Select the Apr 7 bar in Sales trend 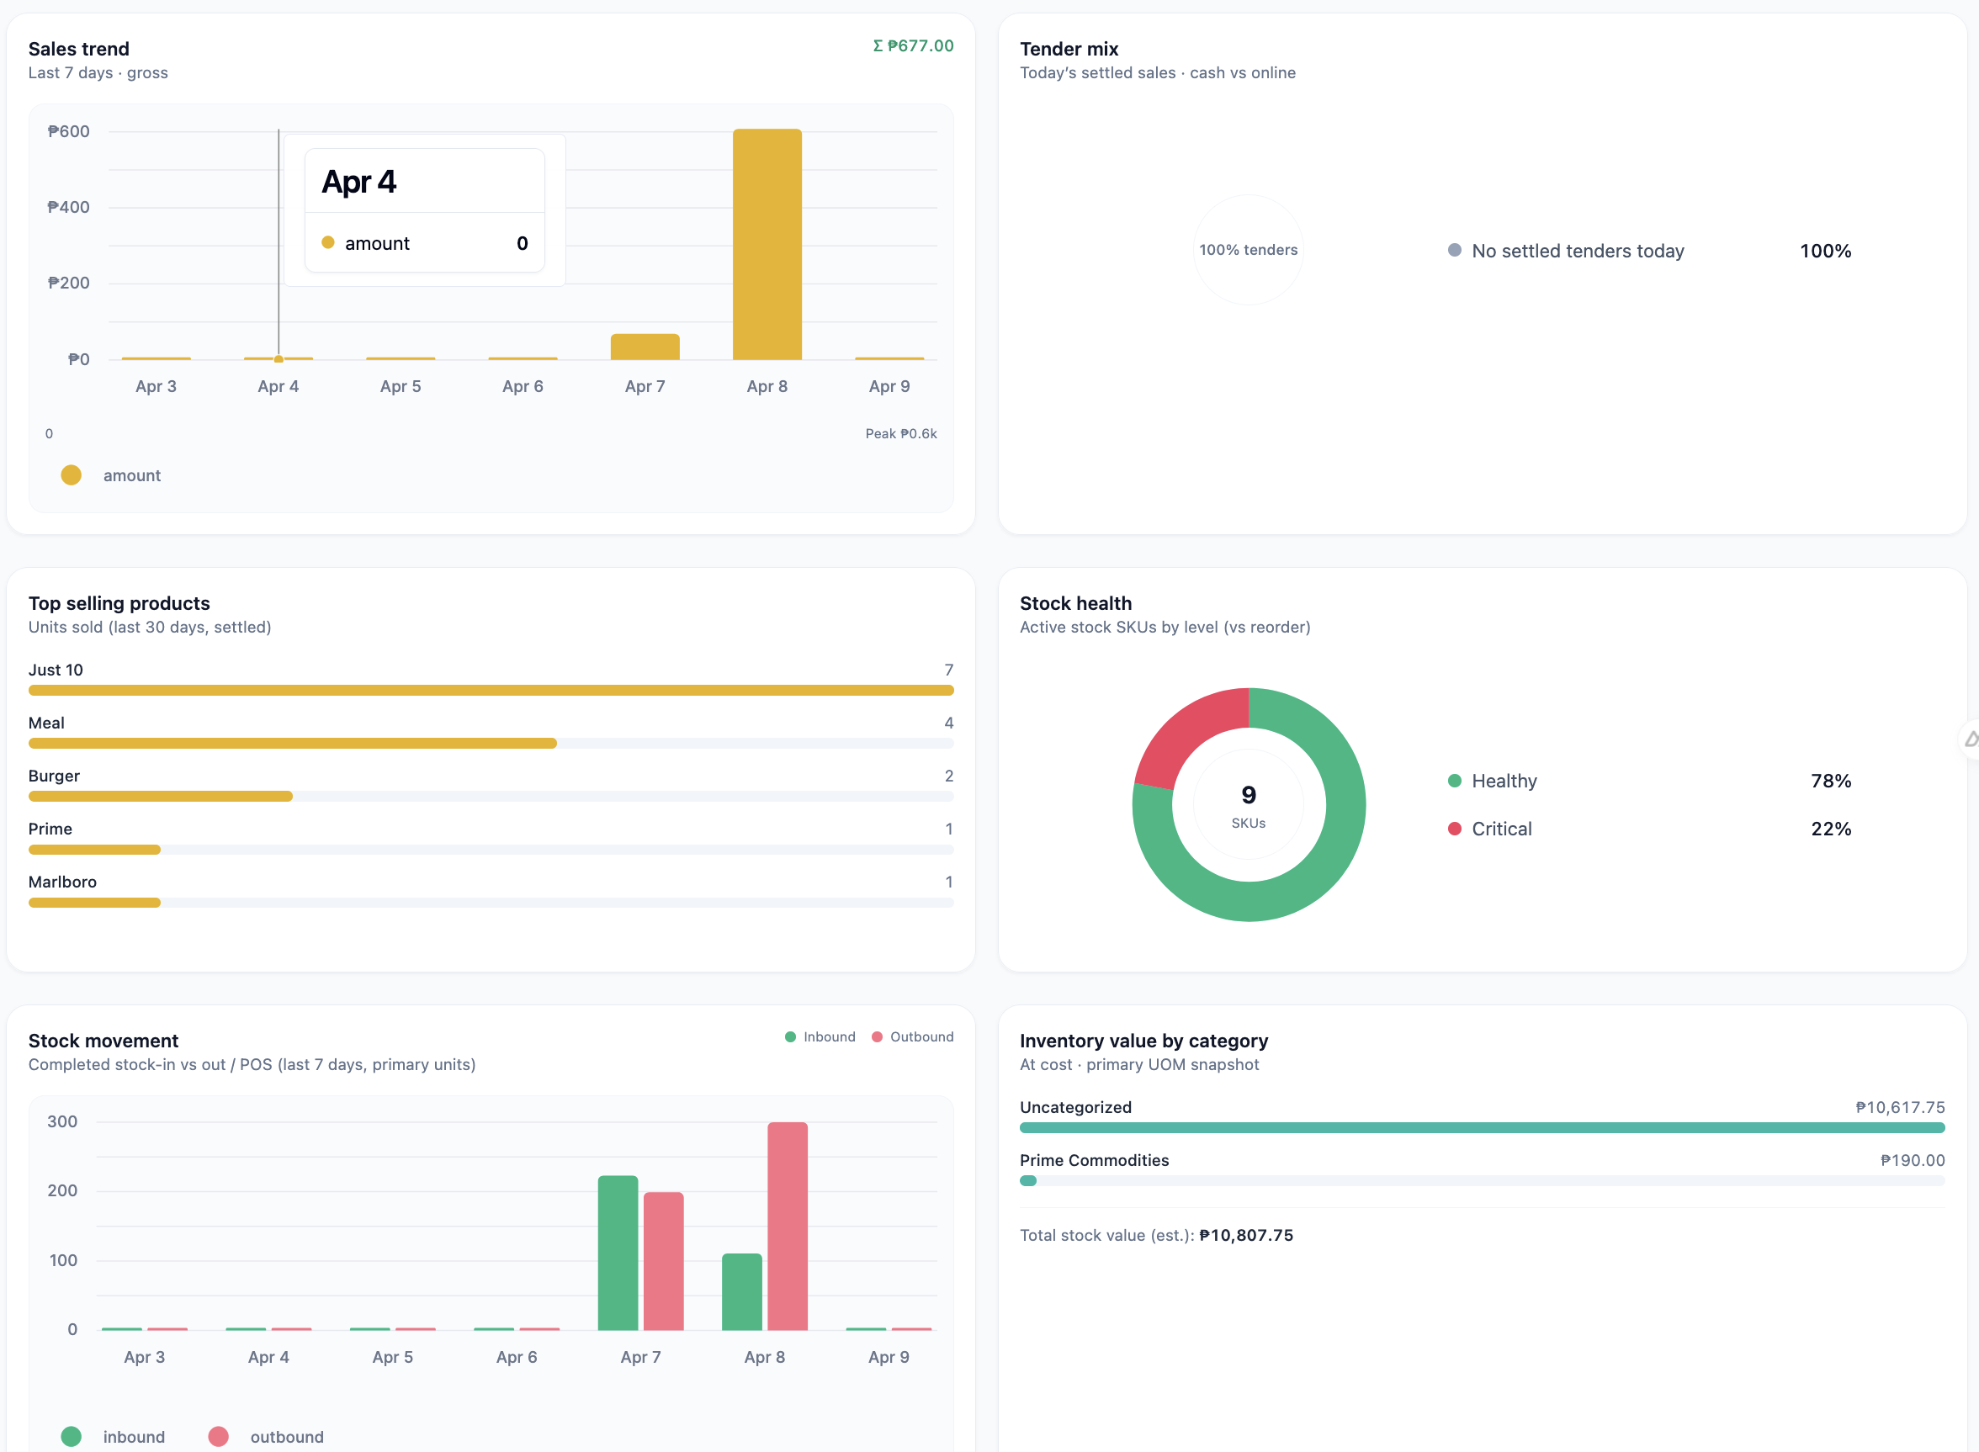(645, 347)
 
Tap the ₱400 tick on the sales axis (68, 208)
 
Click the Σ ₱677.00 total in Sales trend (913, 45)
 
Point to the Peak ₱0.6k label (900, 433)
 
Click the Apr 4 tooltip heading (358, 182)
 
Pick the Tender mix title (1069, 50)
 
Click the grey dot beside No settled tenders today (1454, 251)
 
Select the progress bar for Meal (292, 744)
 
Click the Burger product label (54, 776)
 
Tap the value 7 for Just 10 (948, 670)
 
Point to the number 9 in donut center (1249, 794)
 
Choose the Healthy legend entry (1504, 781)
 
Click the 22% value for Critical (1830, 829)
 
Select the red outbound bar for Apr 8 (787, 1225)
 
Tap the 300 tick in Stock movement (62, 1121)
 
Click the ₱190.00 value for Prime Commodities (1913, 1160)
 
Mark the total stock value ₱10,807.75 (1246, 1235)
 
